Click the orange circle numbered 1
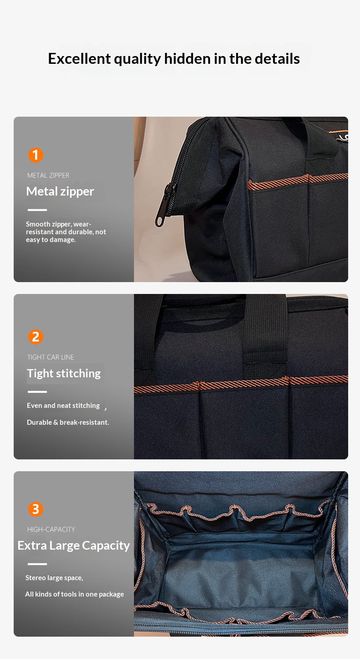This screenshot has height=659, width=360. [36, 155]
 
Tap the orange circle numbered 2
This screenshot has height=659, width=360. [36, 337]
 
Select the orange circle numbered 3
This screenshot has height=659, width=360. [36, 509]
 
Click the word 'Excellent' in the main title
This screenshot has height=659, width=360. [79, 58]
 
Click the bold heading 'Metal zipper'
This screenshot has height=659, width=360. [60, 191]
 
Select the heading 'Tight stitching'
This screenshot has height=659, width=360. [64, 374]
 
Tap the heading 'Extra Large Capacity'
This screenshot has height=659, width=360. [73, 546]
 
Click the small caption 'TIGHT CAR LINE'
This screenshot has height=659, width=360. [51, 357]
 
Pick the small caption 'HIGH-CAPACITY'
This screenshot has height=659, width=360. [51, 530]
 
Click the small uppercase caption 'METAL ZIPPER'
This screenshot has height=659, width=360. [48, 175]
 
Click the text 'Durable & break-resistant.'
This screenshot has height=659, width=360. [68, 422]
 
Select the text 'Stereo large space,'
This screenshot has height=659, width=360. [54, 578]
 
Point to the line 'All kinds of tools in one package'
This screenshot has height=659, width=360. [74, 594]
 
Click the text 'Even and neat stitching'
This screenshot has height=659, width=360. [63, 406]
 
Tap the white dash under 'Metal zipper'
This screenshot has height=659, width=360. [37, 210]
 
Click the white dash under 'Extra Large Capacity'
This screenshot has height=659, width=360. [37, 564]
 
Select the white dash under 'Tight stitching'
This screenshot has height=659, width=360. [37, 392]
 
